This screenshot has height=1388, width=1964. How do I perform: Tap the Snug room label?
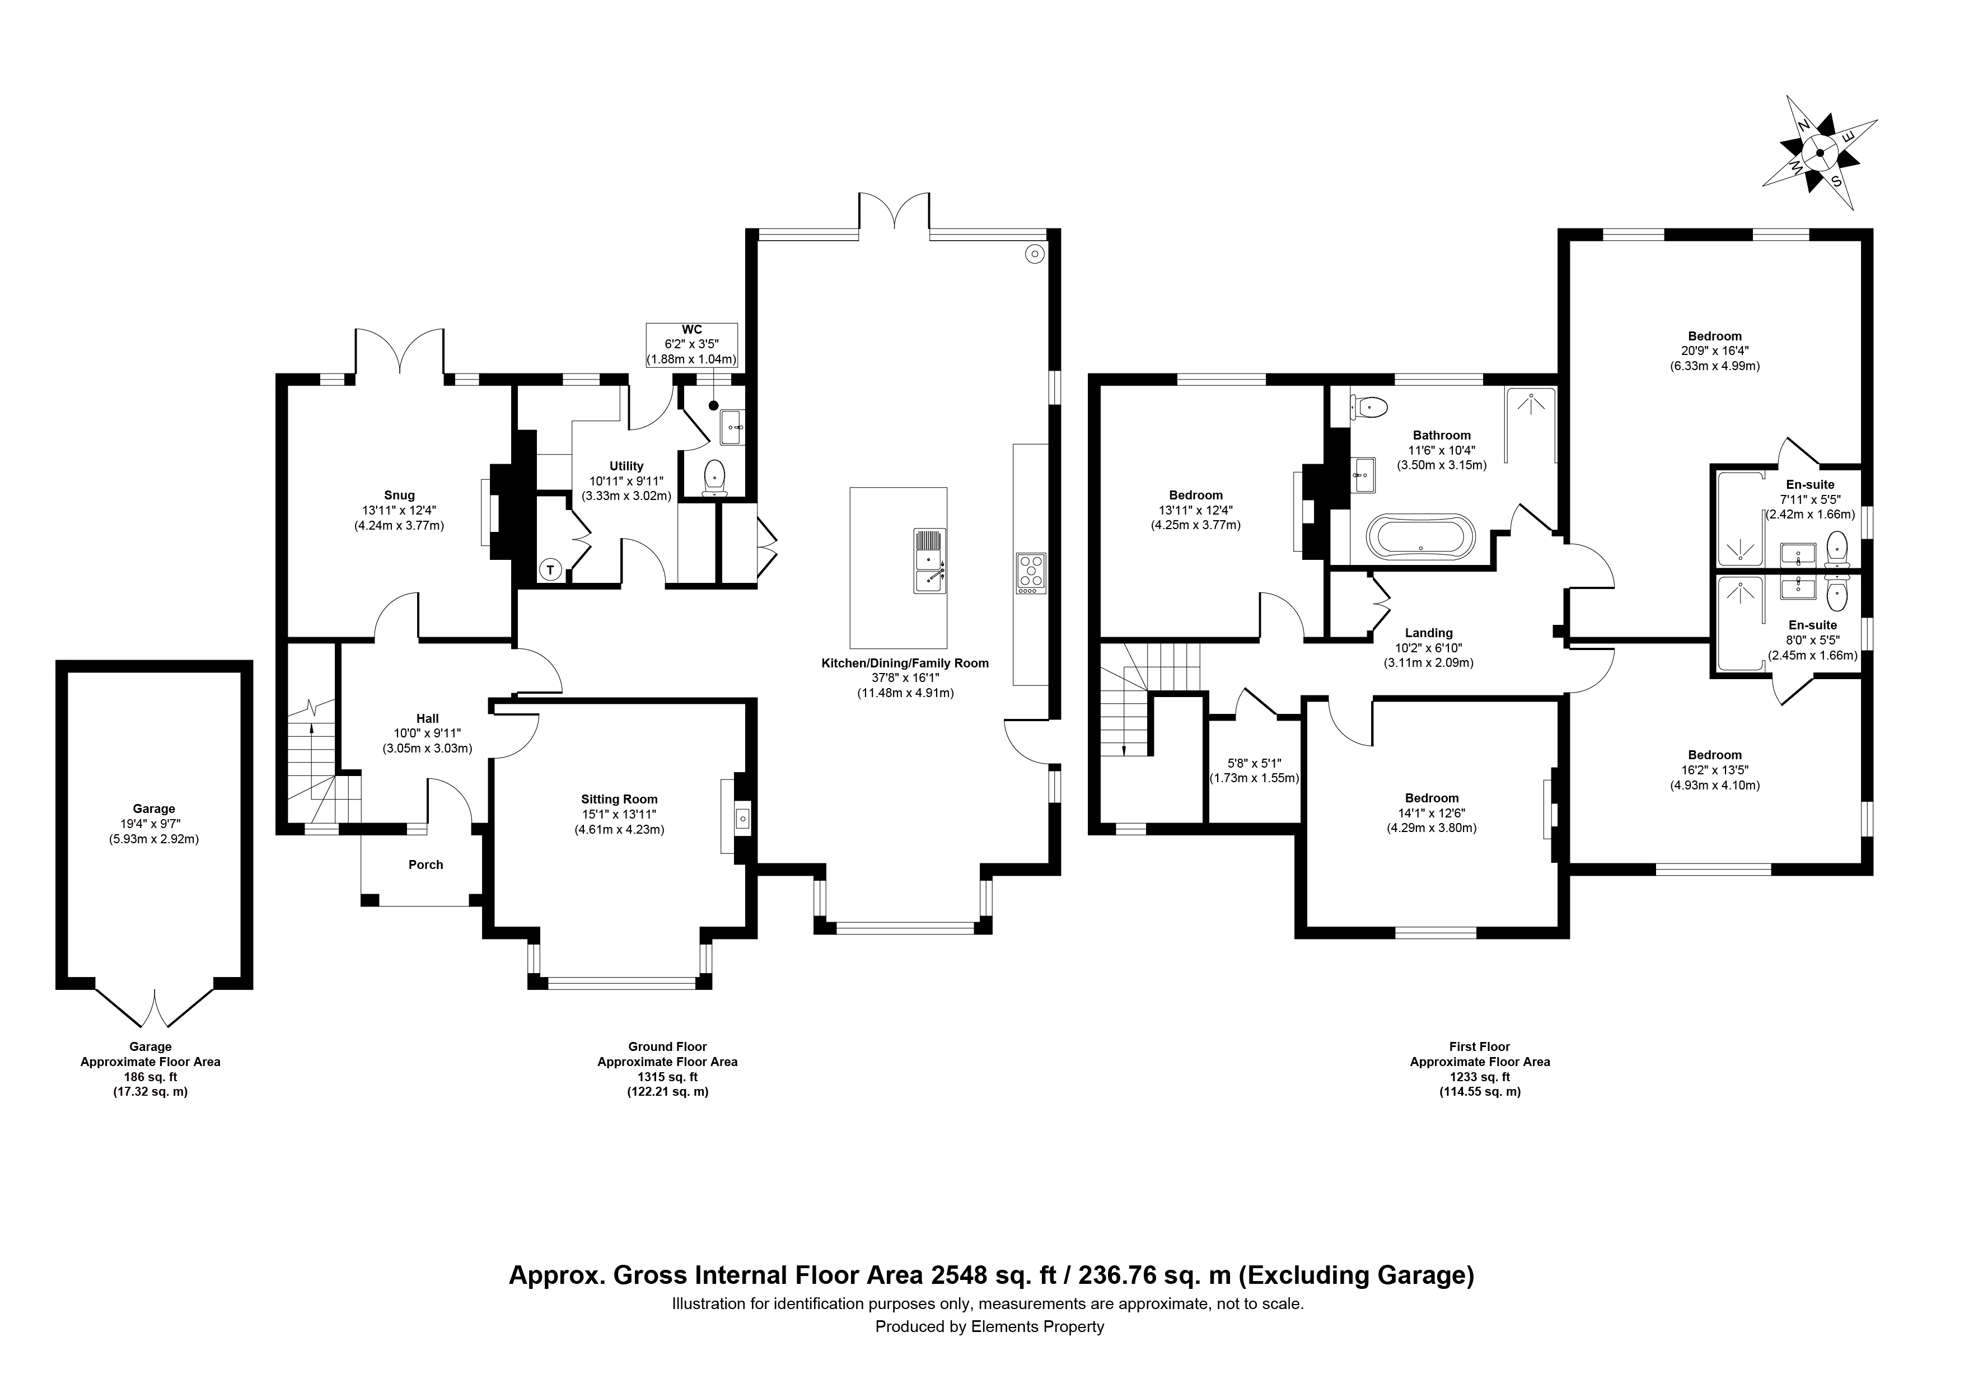(x=400, y=494)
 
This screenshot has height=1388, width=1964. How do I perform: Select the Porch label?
(x=426, y=864)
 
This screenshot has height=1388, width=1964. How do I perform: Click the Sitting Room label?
(x=619, y=800)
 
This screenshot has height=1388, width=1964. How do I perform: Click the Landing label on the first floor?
(x=1429, y=633)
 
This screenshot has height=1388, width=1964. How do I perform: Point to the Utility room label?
(x=626, y=466)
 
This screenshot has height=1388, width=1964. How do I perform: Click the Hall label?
(x=428, y=718)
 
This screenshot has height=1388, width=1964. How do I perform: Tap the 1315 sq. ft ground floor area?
(x=667, y=1077)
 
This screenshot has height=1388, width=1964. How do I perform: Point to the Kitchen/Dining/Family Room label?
(x=905, y=663)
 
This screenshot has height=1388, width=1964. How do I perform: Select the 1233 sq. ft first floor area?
(x=1480, y=1077)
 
